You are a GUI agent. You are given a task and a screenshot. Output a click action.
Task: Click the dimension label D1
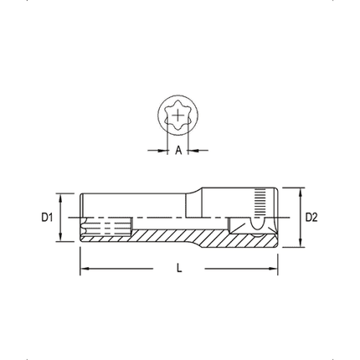coord(48,218)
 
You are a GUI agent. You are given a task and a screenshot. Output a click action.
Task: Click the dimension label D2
coord(311,218)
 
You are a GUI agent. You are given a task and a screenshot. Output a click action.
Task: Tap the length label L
coord(179,269)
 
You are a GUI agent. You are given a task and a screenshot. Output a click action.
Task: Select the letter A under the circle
coord(178,151)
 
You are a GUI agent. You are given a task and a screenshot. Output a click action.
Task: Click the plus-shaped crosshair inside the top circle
coord(178,118)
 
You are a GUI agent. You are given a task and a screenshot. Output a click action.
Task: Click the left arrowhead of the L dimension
coord(84,269)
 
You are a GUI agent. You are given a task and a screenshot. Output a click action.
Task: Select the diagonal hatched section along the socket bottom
coord(184,236)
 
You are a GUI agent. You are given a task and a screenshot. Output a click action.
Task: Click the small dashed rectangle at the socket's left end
coord(109,227)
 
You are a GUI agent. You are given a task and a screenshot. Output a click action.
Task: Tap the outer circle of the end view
coord(159,118)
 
